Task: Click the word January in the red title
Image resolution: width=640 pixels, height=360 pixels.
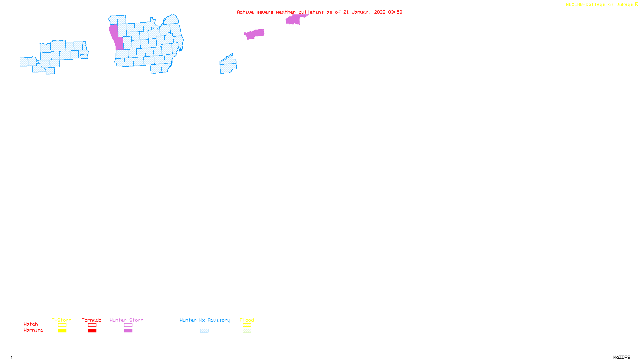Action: pos(361,12)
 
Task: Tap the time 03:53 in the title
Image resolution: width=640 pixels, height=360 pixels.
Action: pos(395,12)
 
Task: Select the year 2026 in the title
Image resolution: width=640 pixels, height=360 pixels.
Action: pos(380,12)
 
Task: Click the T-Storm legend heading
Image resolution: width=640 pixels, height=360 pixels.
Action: pos(62,320)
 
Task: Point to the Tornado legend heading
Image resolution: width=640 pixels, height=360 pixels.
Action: pos(92,320)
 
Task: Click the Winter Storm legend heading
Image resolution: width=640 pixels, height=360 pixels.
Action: pos(126,320)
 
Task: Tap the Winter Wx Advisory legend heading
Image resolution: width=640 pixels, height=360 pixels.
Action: pos(205,320)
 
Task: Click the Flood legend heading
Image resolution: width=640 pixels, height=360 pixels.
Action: pos(247,320)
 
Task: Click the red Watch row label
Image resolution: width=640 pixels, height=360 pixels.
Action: pos(31,324)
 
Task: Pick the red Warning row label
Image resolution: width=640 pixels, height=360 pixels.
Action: pos(34,330)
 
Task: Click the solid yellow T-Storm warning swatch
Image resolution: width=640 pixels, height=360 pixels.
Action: pos(62,331)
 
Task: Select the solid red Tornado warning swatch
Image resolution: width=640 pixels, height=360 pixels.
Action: pos(92,331)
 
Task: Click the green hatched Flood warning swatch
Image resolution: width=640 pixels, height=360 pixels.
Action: pos(247,331)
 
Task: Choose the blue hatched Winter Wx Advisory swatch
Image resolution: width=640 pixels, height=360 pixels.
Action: pos(204,331)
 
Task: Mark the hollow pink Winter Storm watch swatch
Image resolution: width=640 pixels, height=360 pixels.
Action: pos(128,325)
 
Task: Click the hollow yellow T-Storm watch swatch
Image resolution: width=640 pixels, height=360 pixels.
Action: pos(62,325)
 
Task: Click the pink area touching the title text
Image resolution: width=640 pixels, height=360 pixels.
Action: pos(294,19)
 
